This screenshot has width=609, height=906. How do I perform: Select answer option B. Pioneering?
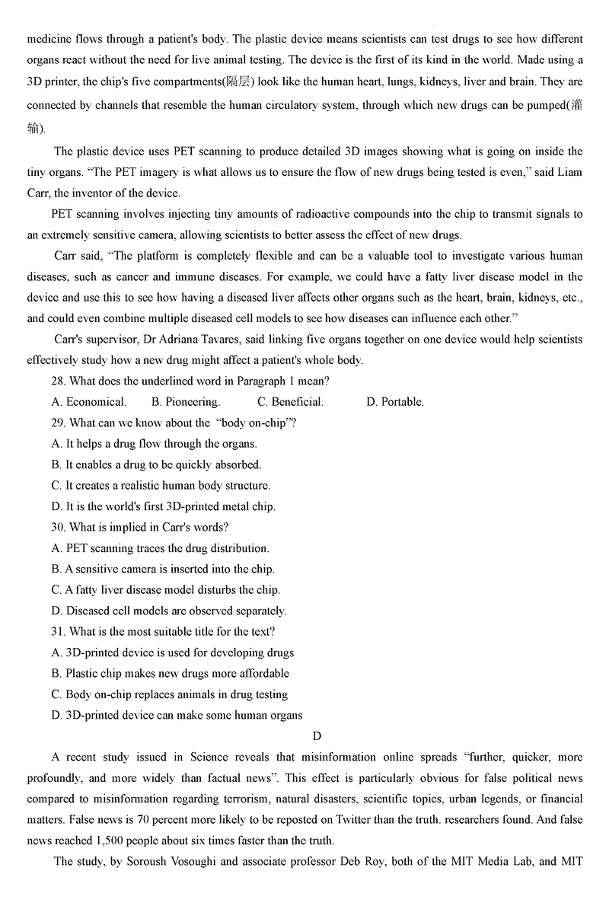point(186,402)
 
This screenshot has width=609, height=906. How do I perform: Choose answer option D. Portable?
point(395,402)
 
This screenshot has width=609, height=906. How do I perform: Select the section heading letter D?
point(317,735)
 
